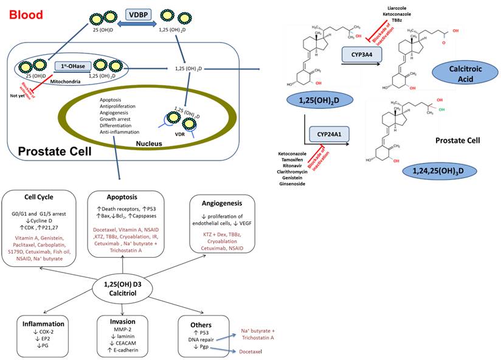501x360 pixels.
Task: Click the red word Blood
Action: point(26,14)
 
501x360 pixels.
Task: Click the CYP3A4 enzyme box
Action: point(362,55)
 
